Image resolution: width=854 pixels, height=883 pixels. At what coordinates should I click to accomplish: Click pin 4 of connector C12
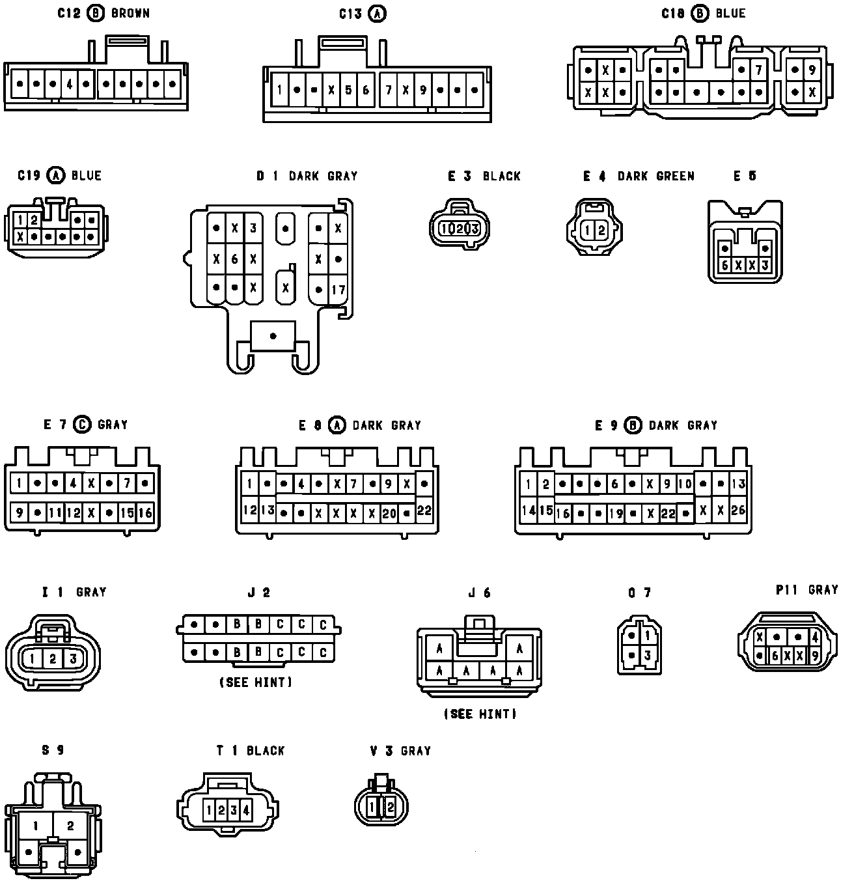point(70,84)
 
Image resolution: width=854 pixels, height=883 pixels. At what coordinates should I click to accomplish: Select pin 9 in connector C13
point(422,90)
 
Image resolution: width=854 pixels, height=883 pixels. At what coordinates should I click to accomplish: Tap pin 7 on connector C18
point(758,70)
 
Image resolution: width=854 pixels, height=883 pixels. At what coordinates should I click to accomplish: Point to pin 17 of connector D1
point(338,290)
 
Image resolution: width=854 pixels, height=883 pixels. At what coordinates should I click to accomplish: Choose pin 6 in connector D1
point(235,259)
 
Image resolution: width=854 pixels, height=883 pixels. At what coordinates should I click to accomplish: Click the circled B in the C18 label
point(700,13)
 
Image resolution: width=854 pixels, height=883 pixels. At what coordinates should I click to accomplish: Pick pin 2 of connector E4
point(601,230)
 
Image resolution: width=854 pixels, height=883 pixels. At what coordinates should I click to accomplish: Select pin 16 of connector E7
point(145,513)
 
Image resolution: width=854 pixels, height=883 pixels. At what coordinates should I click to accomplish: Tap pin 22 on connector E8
point(424,511)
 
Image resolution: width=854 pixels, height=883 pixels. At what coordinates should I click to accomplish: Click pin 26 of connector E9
point(738,510)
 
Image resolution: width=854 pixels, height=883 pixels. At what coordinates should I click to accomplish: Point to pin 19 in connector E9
point(616,514)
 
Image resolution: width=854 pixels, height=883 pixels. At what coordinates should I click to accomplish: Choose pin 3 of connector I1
point(73,659)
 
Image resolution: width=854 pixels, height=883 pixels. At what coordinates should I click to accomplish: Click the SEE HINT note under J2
point(256,682)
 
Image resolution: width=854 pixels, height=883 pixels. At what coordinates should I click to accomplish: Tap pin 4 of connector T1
point(245,811)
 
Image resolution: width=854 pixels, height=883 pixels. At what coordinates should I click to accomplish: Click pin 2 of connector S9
point(70,826)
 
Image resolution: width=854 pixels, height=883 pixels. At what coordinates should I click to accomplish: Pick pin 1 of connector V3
point(372,807)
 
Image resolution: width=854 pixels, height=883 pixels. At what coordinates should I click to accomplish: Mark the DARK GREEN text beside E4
point(655,176)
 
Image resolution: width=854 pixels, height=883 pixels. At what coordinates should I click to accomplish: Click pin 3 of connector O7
point(647,655)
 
